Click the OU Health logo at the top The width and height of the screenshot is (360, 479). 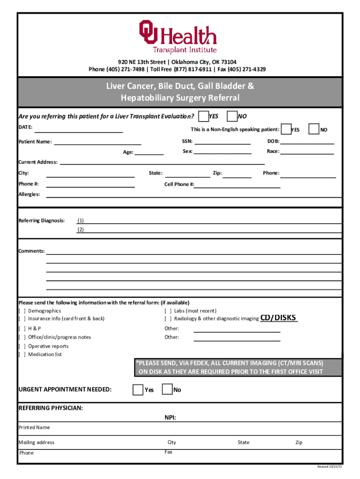coord(177,36)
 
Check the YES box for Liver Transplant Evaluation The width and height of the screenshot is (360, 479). coord(203,116)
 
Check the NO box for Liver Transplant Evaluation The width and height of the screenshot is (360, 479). coord(231,116)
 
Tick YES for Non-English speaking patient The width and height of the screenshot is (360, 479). coord(285,129)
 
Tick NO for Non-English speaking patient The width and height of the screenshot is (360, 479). coord(315,129)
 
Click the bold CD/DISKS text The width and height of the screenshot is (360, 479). coord(279,318)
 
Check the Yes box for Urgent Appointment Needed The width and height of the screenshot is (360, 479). coord(138,390)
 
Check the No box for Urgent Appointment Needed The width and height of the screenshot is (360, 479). coord(167,390)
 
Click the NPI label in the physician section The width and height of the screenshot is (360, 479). coord(170,418)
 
